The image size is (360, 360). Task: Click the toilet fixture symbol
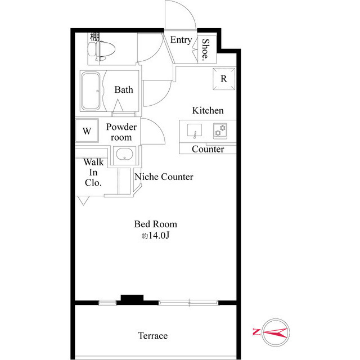point(101,51)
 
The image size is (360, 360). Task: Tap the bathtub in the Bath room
point(91,91)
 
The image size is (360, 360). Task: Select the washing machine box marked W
point(87,130)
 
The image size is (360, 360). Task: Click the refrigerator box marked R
point(224,79)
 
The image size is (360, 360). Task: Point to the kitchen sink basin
point(195,130)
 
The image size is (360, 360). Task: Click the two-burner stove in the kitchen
point(220,131)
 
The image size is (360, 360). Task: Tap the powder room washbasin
point(124,154)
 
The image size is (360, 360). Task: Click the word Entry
point(181,40)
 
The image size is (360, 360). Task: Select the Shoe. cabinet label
point(205,49)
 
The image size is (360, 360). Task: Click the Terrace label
point(152,336)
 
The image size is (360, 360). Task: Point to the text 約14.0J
point(155,235)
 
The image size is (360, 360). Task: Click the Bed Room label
point(155,224)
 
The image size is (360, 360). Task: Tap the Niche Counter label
point(164,177)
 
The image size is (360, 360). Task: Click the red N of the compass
point(256,332)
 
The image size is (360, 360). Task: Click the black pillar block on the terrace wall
point(132,298)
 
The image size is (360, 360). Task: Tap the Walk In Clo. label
point(93,173)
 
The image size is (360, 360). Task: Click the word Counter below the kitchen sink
point(208,149)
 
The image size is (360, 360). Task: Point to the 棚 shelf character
point(94,37)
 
